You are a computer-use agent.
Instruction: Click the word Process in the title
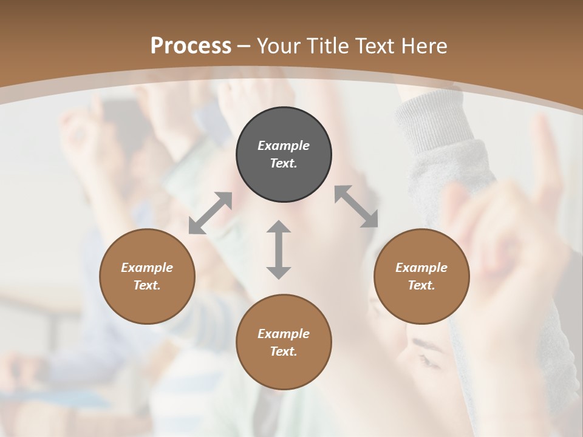coord(191,46)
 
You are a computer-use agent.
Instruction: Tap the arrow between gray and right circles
coord(356,206)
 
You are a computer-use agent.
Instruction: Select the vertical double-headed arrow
coord(279,249)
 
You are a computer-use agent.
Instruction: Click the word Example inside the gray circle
coord(284,146)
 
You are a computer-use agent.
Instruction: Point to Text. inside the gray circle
coord(284,163)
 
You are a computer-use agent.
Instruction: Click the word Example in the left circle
coord(147,268)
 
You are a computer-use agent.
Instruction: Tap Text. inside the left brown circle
coord(147,285)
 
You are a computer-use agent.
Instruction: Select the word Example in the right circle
coord(421,268)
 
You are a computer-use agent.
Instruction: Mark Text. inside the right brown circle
coord(421,285)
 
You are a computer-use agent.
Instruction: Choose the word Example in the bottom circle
coord(284,334)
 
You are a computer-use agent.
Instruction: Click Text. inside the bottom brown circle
coord(284,351)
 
